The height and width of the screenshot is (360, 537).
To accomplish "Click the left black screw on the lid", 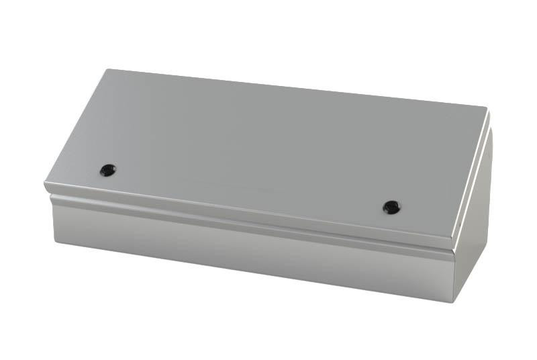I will click(107, 169).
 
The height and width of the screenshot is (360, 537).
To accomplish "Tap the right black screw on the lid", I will click(391, 207).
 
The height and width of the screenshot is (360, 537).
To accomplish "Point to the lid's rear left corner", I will click(105, 70).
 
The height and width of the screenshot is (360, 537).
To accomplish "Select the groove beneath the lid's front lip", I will click(248, 221).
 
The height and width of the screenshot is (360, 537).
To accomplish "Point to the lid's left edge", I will click(74, 128).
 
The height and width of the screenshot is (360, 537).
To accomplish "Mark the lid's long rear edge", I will click(295, 88).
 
